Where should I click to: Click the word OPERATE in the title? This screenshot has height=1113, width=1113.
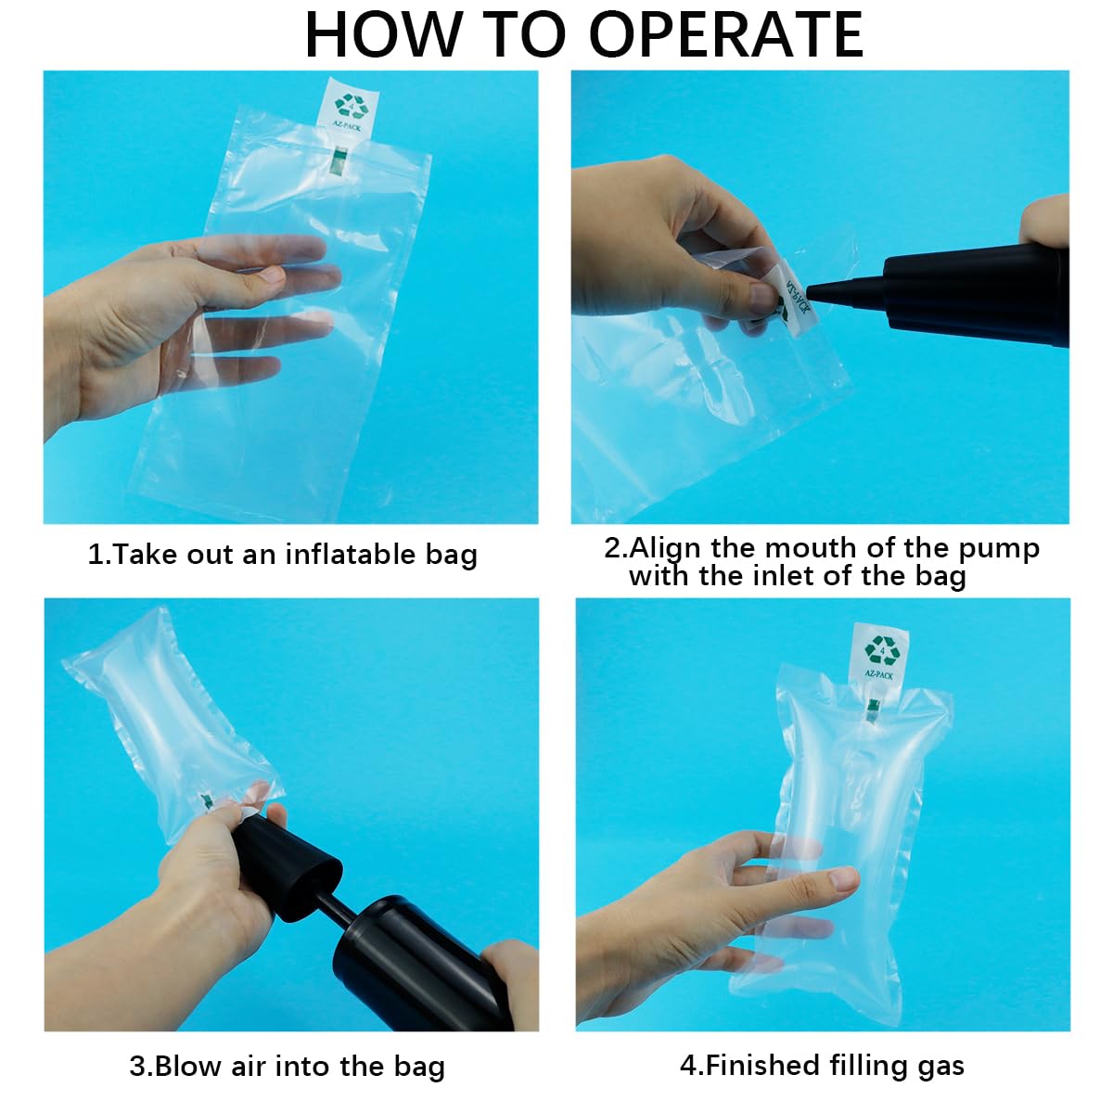[725, 34]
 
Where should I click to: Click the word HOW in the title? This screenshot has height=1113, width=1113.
[383, 34]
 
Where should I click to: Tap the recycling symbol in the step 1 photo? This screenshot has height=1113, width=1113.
[352, 105]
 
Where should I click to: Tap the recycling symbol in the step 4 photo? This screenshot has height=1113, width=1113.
[882, 650]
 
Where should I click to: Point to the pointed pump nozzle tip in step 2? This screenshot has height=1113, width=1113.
[809, 291]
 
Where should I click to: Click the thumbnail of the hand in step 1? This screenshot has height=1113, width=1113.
[270, 275]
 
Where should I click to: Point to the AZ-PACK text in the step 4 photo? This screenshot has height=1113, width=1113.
[878, 674]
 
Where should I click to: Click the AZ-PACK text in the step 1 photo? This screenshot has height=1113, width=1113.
[347, 125]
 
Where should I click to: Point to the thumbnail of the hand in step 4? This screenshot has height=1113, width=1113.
[843, 879]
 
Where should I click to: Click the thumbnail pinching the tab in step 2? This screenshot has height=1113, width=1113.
[762, 297]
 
